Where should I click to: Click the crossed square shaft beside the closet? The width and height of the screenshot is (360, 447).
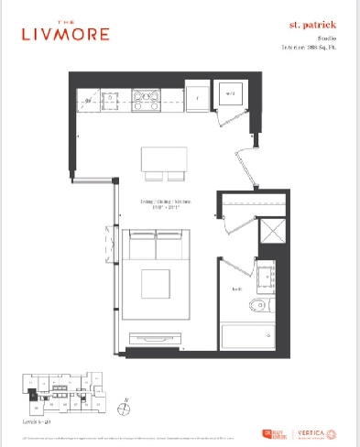pyautogui.click(x=272, y=229)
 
